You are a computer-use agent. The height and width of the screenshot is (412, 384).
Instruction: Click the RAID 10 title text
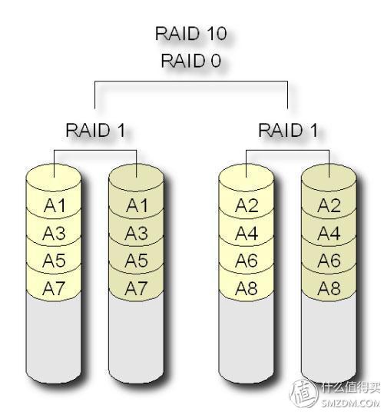[x=190, y=34]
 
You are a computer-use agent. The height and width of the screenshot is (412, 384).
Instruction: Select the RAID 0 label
[x=190, y=61]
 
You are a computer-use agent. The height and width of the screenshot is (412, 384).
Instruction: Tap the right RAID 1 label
[x=286, y=129]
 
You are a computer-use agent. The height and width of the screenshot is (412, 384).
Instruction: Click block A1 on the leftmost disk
[x=54, y=206]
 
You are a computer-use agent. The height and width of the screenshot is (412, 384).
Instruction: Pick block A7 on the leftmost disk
[x=54, y=289]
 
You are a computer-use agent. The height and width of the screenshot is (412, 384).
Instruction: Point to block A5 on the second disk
[x=137, y=261]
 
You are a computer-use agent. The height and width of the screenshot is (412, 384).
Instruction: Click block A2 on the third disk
[x=247, y=206]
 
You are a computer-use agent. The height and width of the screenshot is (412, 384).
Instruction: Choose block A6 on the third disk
[x=247, y=261]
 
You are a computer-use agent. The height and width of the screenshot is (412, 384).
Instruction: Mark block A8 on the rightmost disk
[x=329, y=289]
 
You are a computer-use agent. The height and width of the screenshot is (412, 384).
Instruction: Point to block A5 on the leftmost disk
[x=54, y=261]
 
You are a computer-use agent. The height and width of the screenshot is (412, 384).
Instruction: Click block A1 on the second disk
[x=137, y=206]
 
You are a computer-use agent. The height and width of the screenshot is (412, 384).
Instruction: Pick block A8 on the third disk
[x=247, y=289]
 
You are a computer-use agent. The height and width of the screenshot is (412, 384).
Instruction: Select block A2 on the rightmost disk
[x=329, y=206]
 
